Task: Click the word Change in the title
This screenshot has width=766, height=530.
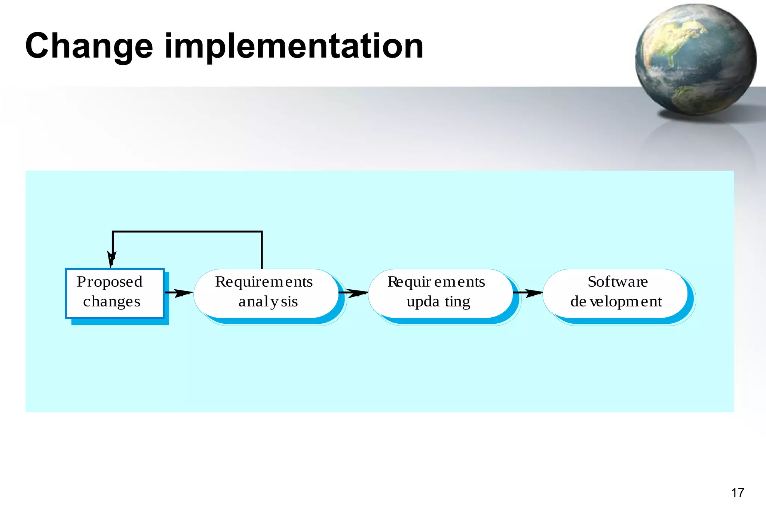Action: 89,46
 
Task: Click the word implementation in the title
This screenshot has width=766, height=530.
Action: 294,46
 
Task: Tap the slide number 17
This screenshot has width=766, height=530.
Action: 738,493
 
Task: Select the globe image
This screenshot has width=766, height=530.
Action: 695,60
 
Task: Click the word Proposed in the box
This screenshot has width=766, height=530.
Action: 110,282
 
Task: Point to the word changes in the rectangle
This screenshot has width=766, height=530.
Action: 111,302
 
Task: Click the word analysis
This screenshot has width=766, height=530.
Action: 268,302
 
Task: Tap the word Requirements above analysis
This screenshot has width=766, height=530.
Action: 264,282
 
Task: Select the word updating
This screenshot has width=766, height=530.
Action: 438,302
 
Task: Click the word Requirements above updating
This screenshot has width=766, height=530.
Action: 436,282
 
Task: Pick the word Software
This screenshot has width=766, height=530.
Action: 618,282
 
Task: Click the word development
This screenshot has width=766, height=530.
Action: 616,302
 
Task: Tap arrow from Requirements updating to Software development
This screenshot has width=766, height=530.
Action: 527,293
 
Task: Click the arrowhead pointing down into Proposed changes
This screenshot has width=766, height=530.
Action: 112,259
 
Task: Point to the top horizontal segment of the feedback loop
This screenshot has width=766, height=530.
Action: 187,232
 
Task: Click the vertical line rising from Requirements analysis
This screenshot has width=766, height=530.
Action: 262,250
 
